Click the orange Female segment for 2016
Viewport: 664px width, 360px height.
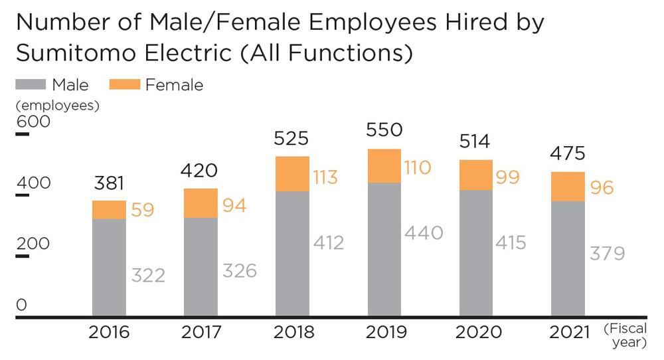coord(109,210)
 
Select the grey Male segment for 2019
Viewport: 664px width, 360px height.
coord(384,250)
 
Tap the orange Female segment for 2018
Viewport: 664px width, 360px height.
coord(293,174)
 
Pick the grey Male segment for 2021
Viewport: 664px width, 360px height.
coord(568,259)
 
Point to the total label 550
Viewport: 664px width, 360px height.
coord(384,130)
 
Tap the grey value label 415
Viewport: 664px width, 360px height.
coord(511,242)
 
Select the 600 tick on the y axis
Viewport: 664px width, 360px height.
coord(29,122)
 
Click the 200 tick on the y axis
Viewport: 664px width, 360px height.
coord(29,244)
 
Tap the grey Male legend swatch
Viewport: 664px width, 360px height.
coord(31,84)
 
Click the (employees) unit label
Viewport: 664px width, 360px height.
coord(57,105)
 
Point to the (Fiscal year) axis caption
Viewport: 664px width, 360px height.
coord(625,335)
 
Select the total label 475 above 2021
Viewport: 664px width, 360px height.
coord(568,153)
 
